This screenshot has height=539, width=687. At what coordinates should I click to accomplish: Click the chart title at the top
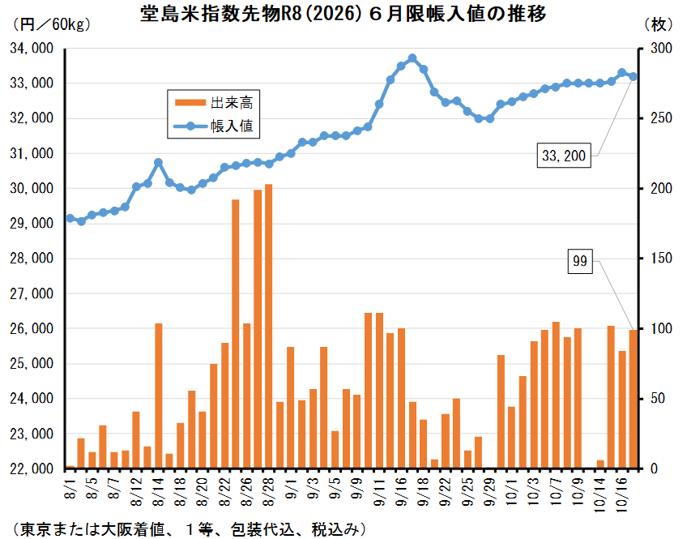pyautogui.click(x=343, y=15)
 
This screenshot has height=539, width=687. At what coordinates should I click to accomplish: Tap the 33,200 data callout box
pyautogui.click(x=565, y=156)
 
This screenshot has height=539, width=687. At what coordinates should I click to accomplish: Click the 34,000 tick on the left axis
pyautogui.click(x=31, y=49)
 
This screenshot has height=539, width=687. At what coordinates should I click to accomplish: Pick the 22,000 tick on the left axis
pyautogui.click(x=31, y=469)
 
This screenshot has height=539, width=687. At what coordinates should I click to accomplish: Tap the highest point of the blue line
pyautogui.click(x=412, y=58)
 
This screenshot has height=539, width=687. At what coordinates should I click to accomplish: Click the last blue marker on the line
pyautogui.click(x=634, y=77)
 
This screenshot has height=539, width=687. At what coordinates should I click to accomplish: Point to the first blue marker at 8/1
pyautogui.click(x=70, y=218)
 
